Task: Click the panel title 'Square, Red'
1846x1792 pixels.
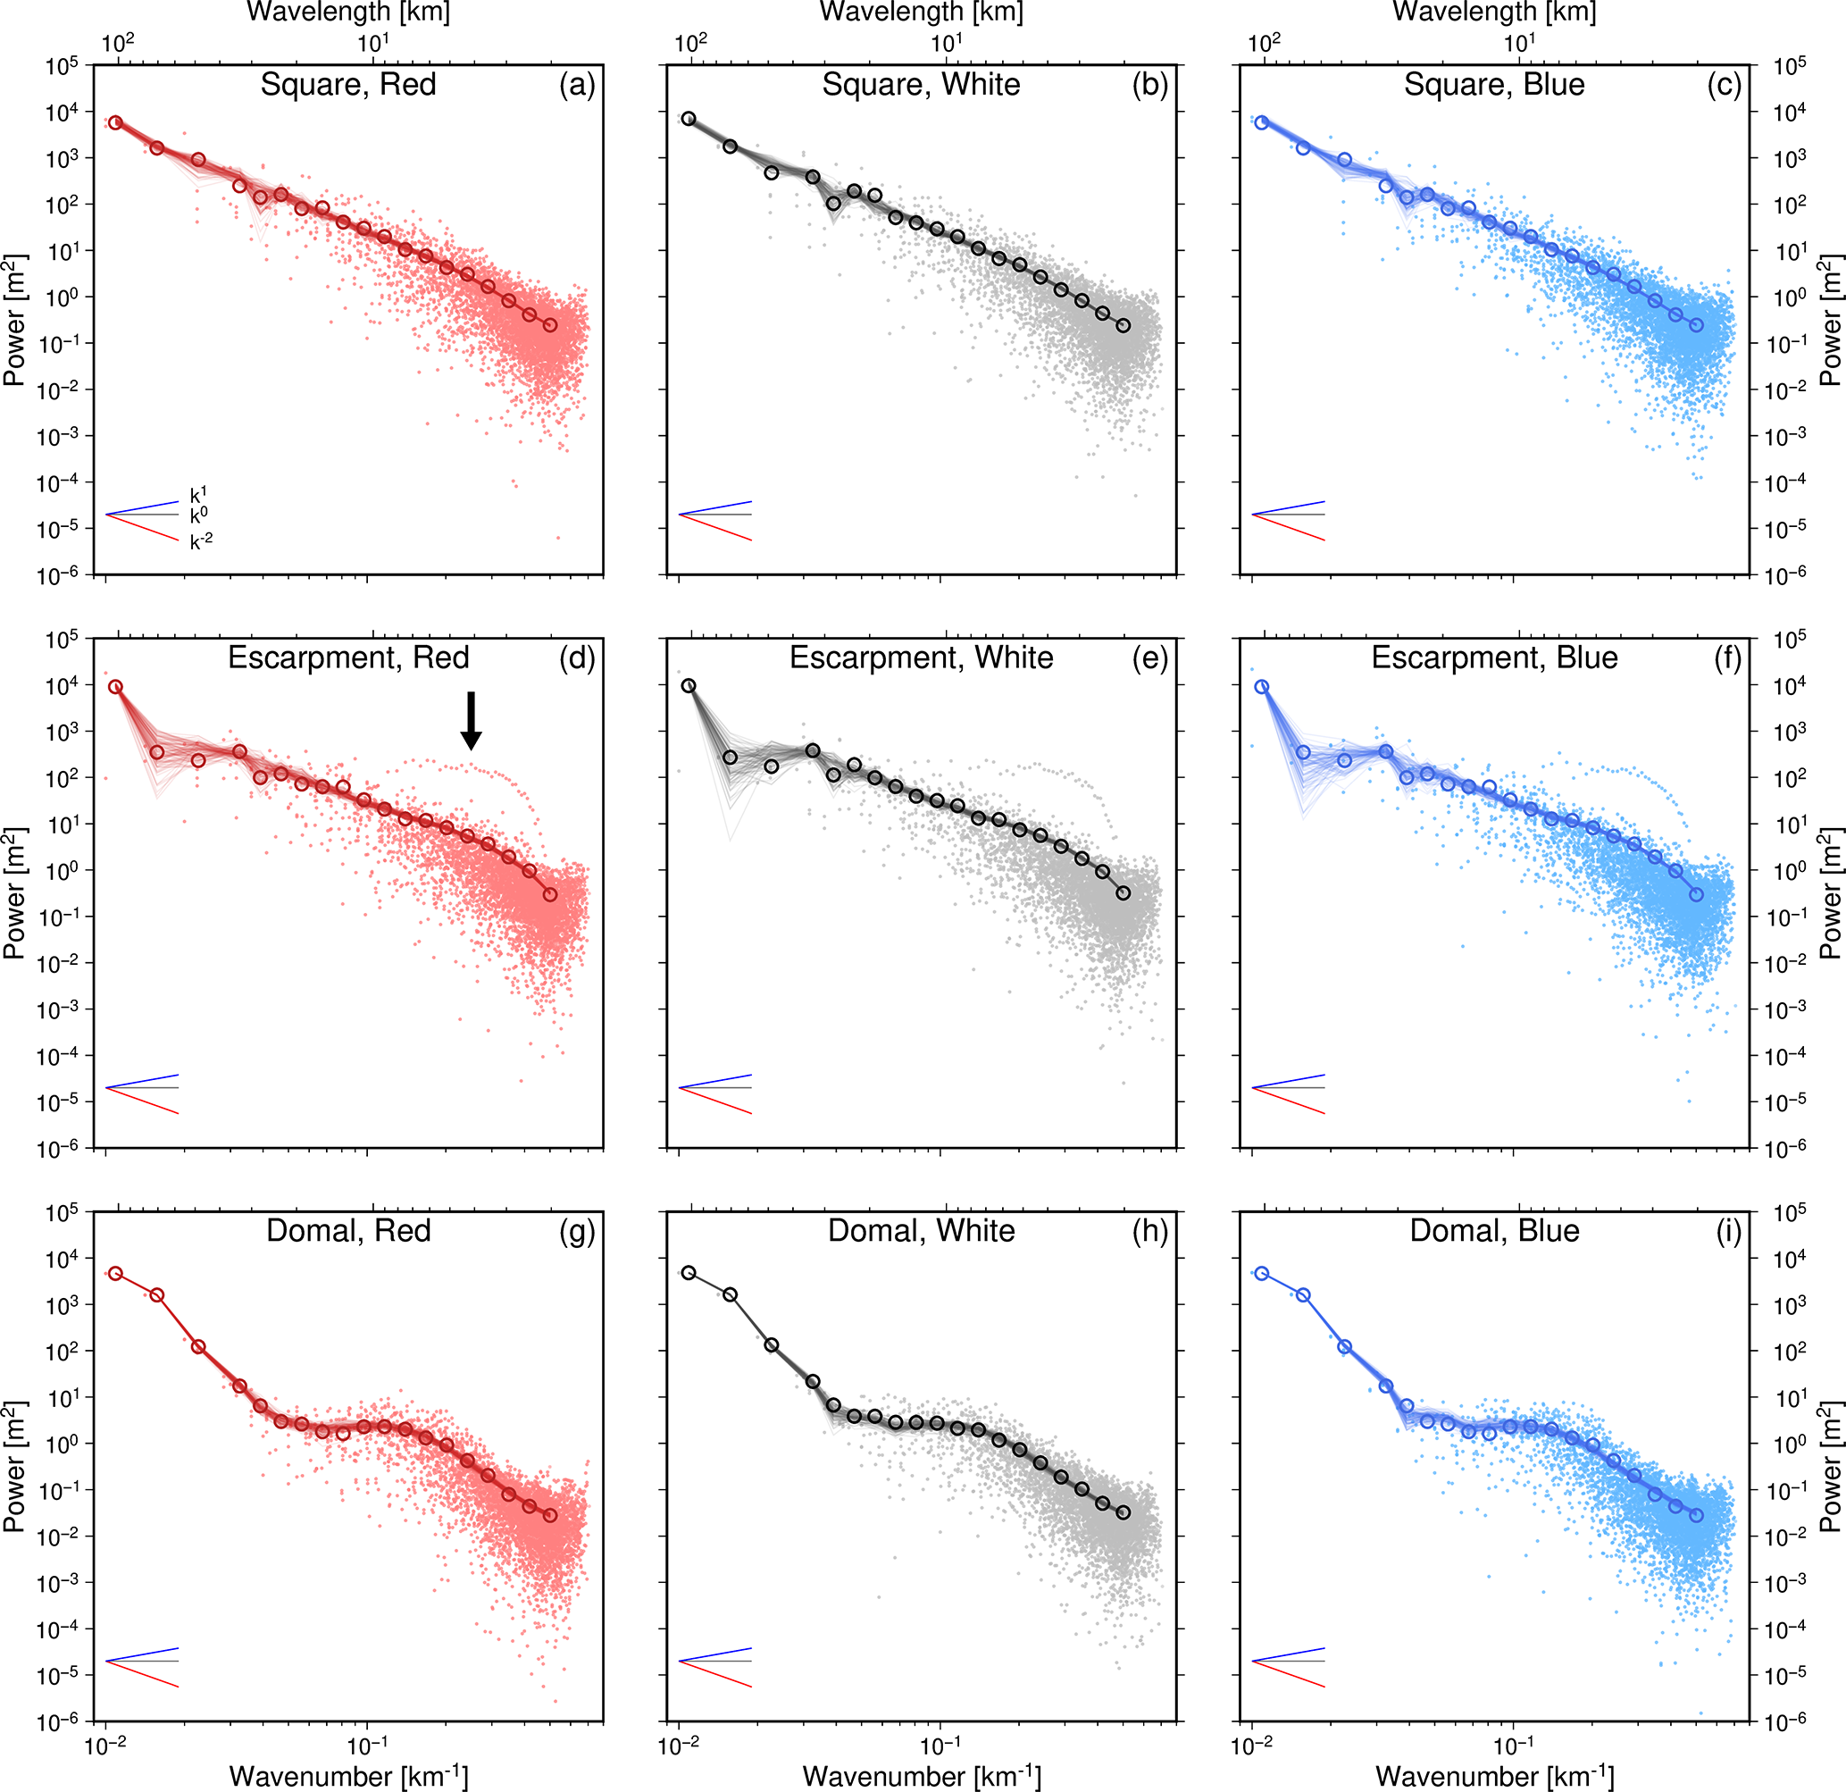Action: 348,85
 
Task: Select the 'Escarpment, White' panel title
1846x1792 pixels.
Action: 921,657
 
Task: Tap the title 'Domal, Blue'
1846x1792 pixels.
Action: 1494,1230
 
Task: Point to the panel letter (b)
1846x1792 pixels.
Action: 1150,85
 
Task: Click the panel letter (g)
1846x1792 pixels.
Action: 577,1230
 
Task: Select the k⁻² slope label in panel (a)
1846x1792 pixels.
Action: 202,541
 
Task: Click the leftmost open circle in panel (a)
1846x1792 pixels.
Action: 115,122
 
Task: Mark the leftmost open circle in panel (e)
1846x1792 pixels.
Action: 689,686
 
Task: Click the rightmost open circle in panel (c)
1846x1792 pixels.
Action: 1696,325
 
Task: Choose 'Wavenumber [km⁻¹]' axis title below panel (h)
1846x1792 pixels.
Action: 921,1776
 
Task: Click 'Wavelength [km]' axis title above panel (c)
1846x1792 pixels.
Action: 1494,13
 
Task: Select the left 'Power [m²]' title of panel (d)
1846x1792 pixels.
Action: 14,893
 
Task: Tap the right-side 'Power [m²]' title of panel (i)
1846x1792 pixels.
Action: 1831,1466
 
